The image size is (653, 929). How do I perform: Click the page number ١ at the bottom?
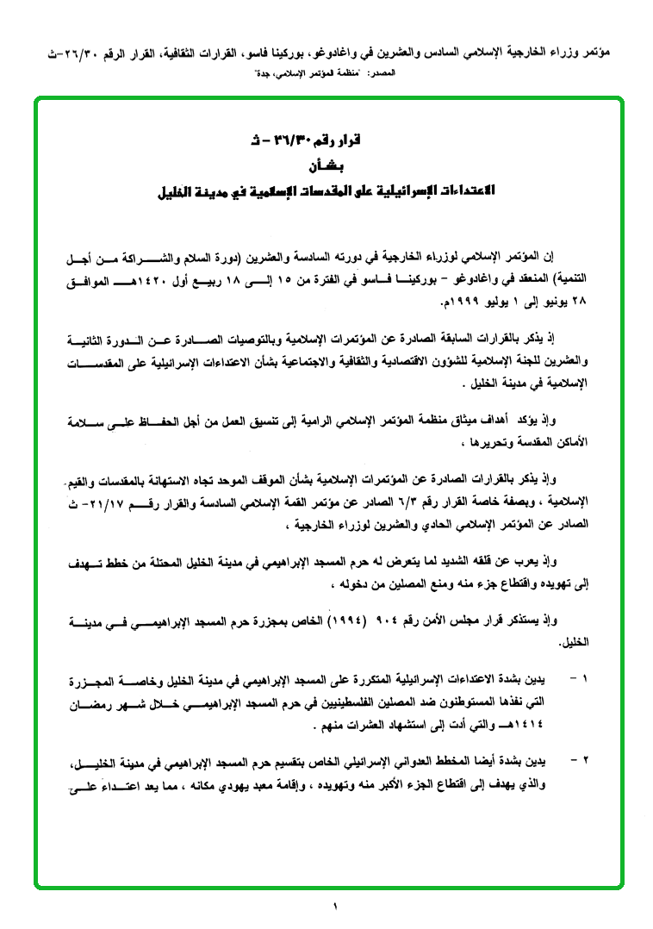click(334, 905)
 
